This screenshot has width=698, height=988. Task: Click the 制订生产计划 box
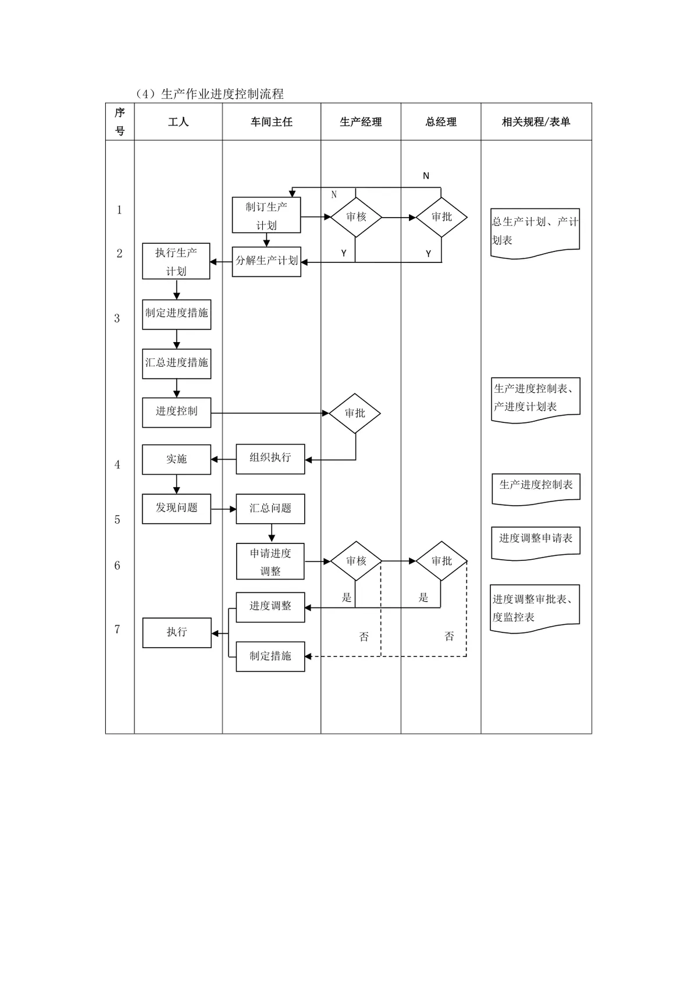[266, 215]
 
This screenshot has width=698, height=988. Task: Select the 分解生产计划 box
[266, 262]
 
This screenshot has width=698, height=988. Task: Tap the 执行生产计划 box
[176, 261]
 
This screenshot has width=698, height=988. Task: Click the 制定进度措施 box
[176, 314]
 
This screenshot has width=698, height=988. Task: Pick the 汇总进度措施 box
[176, 364]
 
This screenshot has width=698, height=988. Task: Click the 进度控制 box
[176, 413]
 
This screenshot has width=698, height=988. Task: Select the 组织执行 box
[270, 459]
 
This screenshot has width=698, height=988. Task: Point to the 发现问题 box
[176, 509]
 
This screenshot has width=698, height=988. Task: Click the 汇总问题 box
[270, 509]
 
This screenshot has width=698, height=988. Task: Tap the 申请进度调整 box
[270, 561]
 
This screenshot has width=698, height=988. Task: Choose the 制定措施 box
[270, 657]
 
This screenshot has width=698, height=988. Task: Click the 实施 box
[176, 460]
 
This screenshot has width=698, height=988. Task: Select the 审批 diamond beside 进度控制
[355, 413]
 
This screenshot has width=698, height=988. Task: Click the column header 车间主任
[272, 122]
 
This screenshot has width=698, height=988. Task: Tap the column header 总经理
[441, 122]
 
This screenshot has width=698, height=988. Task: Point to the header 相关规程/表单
[536, 122]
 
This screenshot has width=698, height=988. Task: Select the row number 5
[117, 520]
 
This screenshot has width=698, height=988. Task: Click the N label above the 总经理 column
[426, 176]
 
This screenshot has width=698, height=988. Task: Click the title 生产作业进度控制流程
[223, 94]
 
